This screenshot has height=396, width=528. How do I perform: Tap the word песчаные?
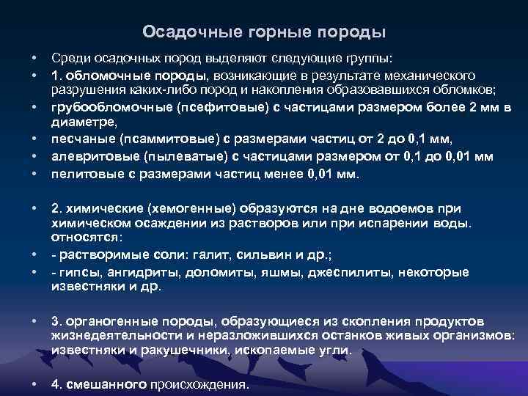coord(78,140)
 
